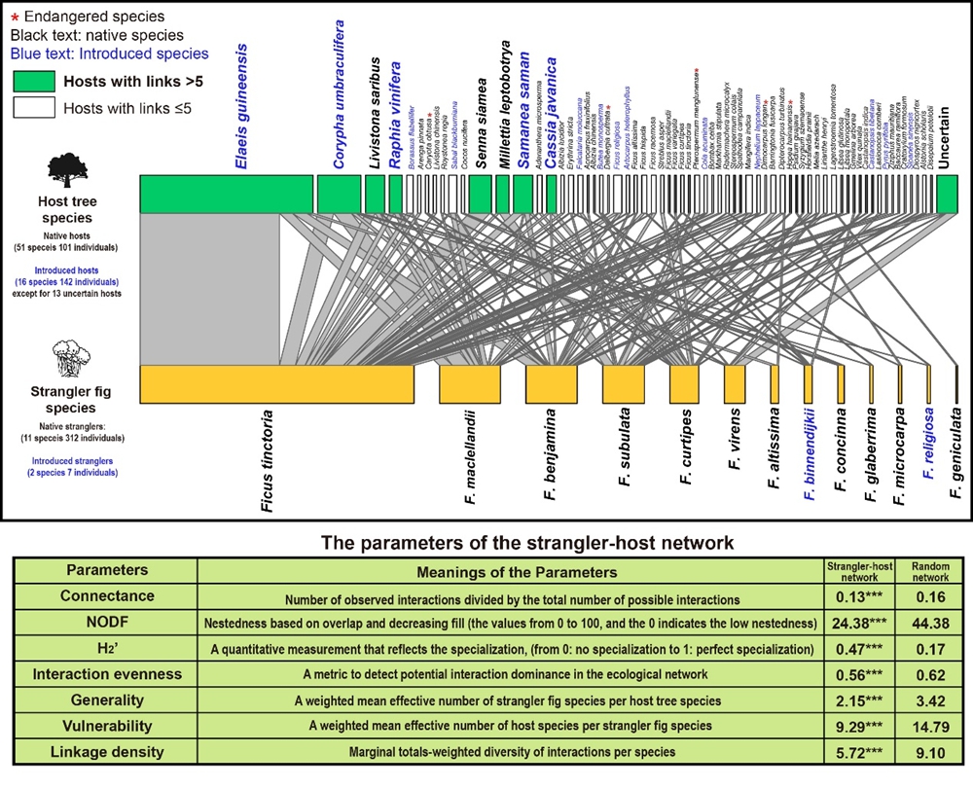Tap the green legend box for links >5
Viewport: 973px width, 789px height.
tap(33, 81)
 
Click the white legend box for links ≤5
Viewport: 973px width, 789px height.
tap(33, 108)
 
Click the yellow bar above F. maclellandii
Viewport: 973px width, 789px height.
tap(469, 384)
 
